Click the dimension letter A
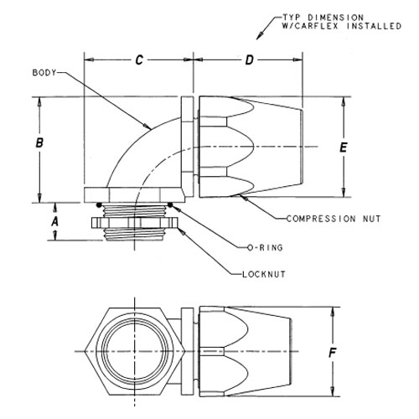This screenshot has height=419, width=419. coord(55,221)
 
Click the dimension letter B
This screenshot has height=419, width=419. coord(39,144)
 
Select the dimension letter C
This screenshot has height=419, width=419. coord(140,59)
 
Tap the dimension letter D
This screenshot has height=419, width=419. coord(249,59)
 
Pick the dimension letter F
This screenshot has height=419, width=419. coord(334,354)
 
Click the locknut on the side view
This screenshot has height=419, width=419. coord(135,225)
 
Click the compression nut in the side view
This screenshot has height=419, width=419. coord(243,147)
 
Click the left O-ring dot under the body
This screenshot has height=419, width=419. coord(100,204)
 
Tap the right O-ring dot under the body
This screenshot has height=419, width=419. coord(172,204)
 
